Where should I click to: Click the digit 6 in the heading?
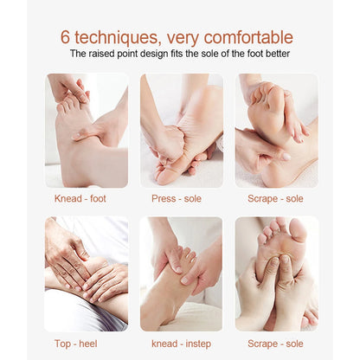65,37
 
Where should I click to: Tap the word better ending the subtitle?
278,54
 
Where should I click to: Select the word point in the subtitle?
126,55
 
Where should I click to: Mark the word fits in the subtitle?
175,54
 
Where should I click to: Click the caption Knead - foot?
80,198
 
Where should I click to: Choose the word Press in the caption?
164,198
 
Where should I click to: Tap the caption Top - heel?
76,344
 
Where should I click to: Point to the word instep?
198,344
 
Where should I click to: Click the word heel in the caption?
88,344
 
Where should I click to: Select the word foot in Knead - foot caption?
98,198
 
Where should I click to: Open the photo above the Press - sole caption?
182,131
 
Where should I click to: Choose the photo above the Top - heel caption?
87,274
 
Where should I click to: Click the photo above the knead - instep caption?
181,274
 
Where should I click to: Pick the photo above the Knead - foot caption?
87,131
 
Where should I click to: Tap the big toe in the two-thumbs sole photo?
298,230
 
